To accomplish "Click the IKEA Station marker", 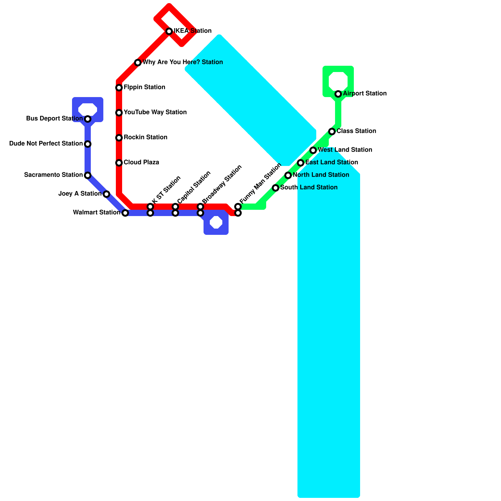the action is pos(169,31).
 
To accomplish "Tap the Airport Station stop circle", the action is pos(338,94).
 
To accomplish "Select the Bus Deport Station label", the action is pos(54,119).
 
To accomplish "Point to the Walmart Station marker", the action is pos(125,213).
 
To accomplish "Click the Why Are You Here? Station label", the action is pos(183,62).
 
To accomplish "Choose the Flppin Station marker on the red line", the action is pos(119,88).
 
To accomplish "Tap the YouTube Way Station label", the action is pos(155,112).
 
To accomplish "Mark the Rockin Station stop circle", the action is pos(119,138).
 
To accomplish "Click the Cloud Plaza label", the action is pos(141,163).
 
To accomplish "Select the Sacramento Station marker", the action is pos(88,175).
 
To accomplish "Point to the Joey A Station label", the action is pos(80,194).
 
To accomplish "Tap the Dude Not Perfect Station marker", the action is pos(88,144).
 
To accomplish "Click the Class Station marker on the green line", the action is pos(332,132).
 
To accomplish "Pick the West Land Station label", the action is pos(345,150).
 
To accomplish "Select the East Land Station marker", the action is pos(301,163).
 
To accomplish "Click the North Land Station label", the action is pos(321,175).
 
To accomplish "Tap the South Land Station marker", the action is pos(276,188).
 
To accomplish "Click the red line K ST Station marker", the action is pos(150,207).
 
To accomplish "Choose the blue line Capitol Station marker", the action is pos(175,213).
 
